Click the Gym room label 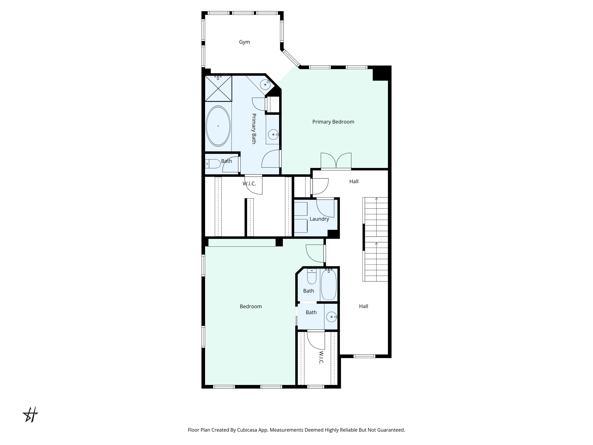(244, 42)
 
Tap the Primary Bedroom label (333, 122)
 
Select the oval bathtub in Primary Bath (218, 126)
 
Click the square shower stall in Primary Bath (218, 88)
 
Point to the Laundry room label (319, 219)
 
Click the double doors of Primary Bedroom (336, 161)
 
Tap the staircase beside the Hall (376, 239)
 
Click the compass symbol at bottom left (30, 415)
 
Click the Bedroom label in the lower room (251, 307)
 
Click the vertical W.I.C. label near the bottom (321, 358)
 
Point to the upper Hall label (354, 181)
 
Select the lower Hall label (364, 306)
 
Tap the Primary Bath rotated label (254, 129)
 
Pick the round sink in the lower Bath (332, 317)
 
